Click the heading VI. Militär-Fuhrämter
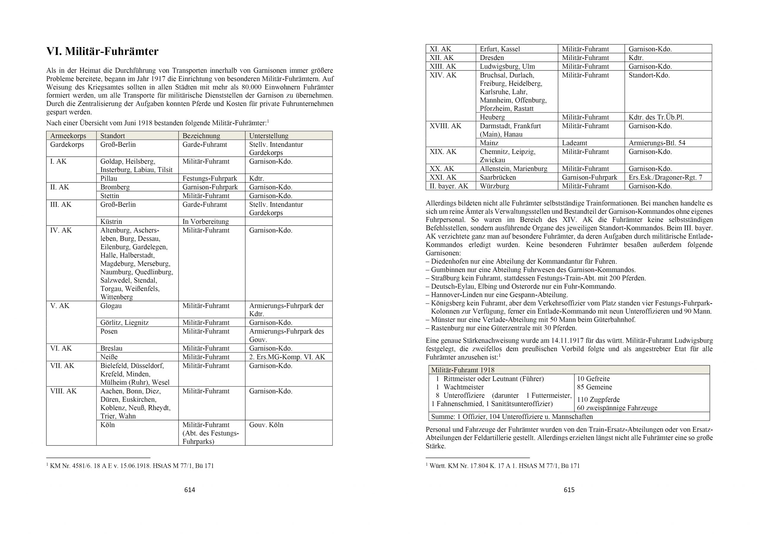coord(102,52)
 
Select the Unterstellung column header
coord(268,136)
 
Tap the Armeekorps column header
coord(68,136)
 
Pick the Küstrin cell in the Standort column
coord(111,221)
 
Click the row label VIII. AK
coord(63,391)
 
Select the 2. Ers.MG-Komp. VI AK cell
coord(287,357)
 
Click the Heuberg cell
coord(492,117)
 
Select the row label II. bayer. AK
coord(449,186)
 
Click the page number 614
coord(190,490)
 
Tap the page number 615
coord(569,490)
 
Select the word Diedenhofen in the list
coord(448,262)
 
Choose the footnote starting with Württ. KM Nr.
coord(504,466)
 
